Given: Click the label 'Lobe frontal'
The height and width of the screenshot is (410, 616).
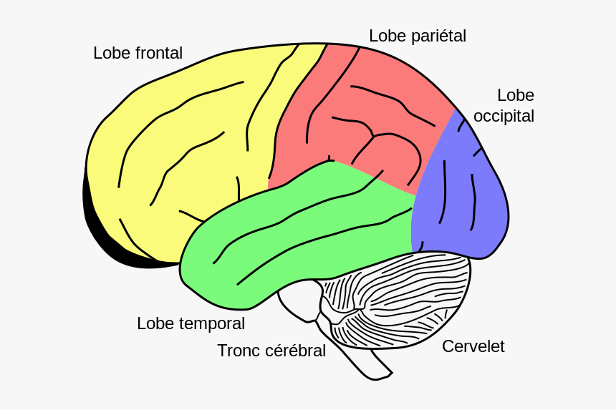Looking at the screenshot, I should (138, 53).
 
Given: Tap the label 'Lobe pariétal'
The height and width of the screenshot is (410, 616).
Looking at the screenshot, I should (417, 36).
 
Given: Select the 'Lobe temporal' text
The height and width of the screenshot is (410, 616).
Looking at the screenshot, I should (191, 323).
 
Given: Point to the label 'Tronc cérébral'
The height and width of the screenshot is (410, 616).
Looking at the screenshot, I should (271, 351).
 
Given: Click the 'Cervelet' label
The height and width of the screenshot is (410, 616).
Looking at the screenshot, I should (473, 346).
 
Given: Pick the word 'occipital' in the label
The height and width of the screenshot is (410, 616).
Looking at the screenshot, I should (504, 116).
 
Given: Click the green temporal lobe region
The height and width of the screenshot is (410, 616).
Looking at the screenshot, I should (301, 229).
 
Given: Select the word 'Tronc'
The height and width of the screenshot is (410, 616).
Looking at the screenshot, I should (239, 351).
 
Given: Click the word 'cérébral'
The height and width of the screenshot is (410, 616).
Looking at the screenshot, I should (295, 351).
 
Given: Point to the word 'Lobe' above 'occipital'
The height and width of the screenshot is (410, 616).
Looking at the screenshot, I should (515, 95).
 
